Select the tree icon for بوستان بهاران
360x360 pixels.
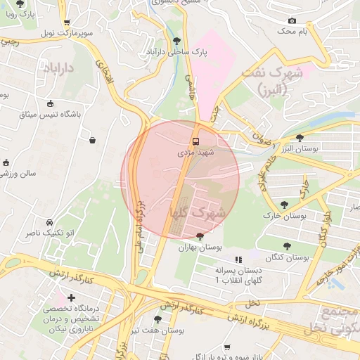point(200,236)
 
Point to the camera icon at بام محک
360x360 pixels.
point(292,20)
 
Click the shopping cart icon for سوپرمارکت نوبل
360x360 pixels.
point(66,22)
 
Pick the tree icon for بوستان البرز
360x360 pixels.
point(300,138)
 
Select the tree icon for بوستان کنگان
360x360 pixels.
point(286,246)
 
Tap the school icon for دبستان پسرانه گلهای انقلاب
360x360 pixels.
point(238,259)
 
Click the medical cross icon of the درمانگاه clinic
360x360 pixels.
point(71,298)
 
